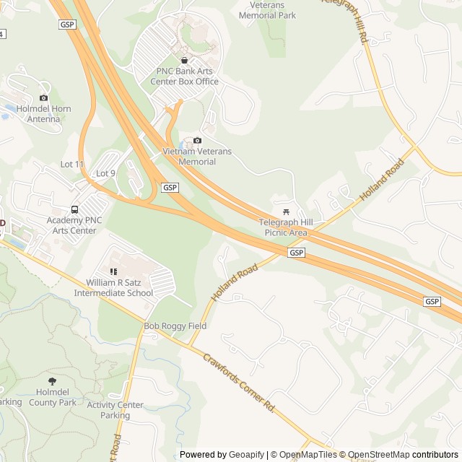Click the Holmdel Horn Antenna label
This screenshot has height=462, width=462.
pyautogui.click(x=44, y=113)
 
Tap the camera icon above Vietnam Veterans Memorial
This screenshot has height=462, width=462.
pyautogui.click(x=197, y=141)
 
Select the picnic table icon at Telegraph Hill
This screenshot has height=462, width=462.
pyautogui.click(x=287, y=212)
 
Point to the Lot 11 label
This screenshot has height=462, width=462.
pyautogui.click(x=72, y=165)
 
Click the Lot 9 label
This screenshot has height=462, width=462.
pyautogui.click(x=105, y=173)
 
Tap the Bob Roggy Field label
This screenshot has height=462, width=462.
pyautogui.click(x=175, y=326)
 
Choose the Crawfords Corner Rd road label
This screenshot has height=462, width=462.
pyautogui.click(x=239, y=382)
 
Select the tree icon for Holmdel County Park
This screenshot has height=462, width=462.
pyautogui.click(x=52, y=380)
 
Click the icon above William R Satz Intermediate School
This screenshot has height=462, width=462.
pyautogui.click(x=113, y=271)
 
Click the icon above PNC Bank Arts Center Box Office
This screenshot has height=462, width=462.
pyautogui.click(x=184, y=61)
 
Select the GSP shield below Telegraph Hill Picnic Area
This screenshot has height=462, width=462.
pyautogui.click(x=296, y=253)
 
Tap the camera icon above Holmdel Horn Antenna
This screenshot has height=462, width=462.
pyautogui.click(x=44, y=97)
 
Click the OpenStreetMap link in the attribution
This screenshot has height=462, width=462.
pyautogui.click(x=379, y=455)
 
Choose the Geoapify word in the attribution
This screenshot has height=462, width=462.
pyautogui.click(x=246, y=455)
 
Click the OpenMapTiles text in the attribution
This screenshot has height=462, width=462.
pyautogui.click(x=308, y=455)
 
